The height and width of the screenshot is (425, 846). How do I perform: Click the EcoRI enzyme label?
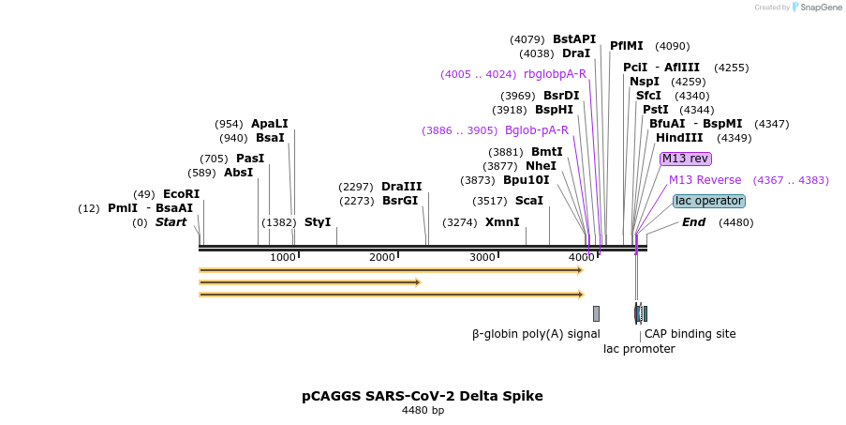(181, 194)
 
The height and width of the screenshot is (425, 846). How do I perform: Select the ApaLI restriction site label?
(270, 124)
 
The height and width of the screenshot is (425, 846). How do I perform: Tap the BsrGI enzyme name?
(401, 201)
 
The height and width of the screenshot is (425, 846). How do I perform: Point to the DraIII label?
(401, 187)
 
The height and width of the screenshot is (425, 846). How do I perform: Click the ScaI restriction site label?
(529, 201)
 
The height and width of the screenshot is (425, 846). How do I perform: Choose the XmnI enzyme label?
(502, 222)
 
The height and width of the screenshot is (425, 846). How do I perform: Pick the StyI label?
(318, 222)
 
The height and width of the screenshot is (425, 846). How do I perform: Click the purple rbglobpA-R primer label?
(555, 74)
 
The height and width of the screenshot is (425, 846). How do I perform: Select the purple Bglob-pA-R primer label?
(537, 130)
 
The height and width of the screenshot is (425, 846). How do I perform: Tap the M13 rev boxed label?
(685, 159)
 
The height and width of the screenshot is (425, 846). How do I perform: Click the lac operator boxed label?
(709, 201)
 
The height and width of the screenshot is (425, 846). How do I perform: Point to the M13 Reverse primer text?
(705, 180)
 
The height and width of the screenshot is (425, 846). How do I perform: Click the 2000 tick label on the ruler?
(382, 258)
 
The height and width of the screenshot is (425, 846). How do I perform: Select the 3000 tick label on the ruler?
(482, 258)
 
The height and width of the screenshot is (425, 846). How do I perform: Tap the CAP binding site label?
(690, 334)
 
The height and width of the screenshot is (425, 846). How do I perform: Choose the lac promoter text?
(639, 349)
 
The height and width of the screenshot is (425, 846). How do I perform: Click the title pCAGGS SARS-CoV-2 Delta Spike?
(423, 396)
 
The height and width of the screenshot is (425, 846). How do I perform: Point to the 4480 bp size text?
(423, 411)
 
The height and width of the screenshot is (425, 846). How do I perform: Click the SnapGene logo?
(813, 8)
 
